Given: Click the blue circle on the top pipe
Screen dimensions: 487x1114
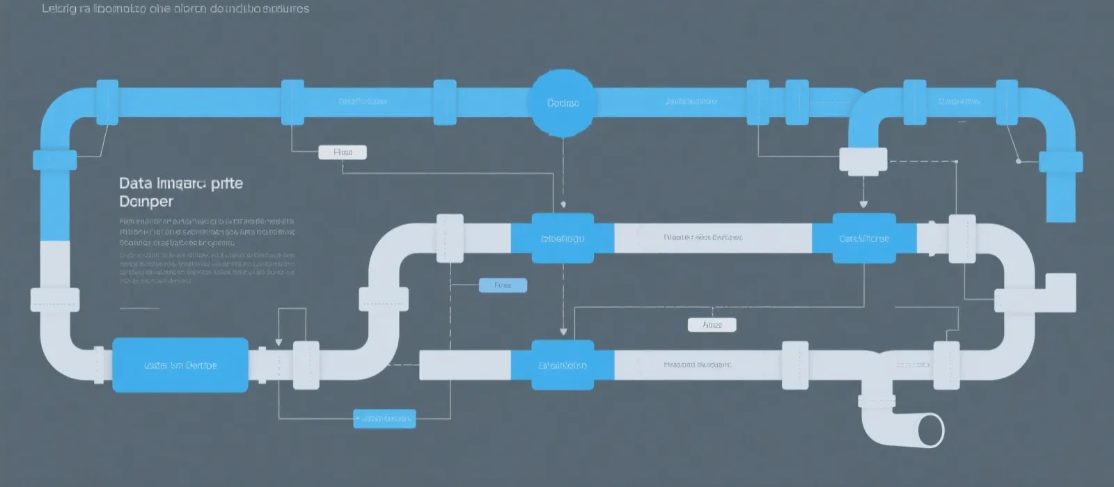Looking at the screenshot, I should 563,102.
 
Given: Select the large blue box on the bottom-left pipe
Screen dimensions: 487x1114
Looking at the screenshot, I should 180,365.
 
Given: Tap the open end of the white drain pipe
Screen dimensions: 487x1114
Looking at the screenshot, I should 930,429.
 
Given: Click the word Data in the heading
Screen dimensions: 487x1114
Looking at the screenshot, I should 135,184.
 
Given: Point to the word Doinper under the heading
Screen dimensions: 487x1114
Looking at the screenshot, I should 146,202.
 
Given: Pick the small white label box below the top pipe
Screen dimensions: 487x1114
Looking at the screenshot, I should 343,152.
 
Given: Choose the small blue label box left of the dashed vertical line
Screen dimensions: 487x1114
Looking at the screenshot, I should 503,285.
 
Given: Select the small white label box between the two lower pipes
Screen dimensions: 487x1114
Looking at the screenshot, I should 712,325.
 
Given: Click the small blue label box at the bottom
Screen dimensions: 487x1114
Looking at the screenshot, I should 384,418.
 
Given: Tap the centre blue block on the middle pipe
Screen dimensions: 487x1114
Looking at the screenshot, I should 563,239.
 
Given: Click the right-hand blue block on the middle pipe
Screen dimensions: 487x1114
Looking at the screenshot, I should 864,239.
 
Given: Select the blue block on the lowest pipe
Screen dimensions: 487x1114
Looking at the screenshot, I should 563,365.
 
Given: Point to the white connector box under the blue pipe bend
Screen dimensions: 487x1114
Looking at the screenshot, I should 863,160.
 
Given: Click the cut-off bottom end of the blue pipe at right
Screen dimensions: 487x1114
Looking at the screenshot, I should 1061,217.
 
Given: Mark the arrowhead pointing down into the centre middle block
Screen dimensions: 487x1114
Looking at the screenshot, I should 563,205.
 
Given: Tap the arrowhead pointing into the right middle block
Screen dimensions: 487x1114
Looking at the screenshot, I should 863,205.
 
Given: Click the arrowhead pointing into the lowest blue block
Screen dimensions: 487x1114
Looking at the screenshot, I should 563,332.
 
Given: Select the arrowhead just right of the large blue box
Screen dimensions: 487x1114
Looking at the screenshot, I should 278,342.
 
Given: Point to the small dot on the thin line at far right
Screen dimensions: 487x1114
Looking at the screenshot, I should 1019,161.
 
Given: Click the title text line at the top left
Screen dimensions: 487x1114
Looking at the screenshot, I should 175,9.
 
